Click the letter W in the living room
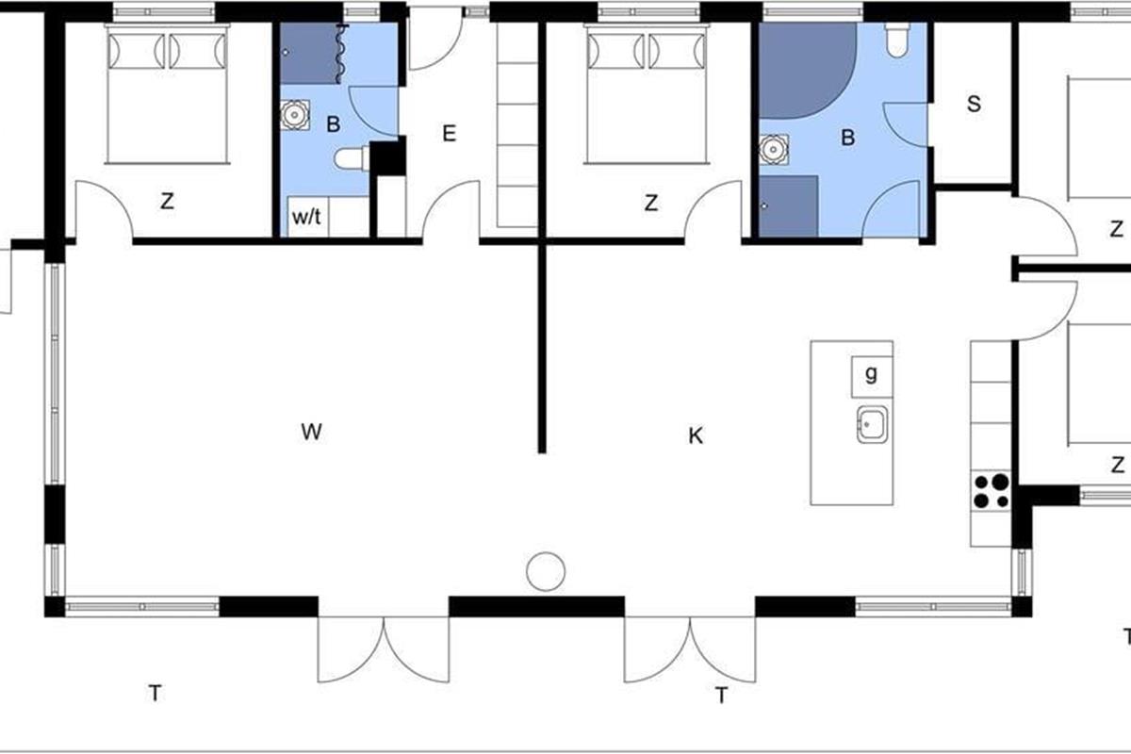(x=311, y=432)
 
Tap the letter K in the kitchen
(x=696, y=435)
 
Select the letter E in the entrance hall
(x=449, y=134)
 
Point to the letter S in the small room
(x=974, y=104)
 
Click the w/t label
(x=306, y=217)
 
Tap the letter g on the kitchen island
(x=871, y=374)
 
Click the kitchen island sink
(x=872, y=425)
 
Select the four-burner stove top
(x=991, y=490)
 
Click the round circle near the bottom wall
(x=546, y=572)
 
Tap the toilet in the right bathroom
(x=897, y=40)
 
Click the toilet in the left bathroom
(x=352, y=158)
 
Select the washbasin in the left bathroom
(x=295, y=115)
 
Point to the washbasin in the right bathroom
(x=774, y=149)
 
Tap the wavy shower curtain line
(x=342, y=54)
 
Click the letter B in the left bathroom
(x=334, y=124)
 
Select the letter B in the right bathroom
(x=847, y=138)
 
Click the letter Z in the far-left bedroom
(x=167, y=202)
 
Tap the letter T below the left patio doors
(x=155, y=694)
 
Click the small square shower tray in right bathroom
(x=788, y=206)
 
